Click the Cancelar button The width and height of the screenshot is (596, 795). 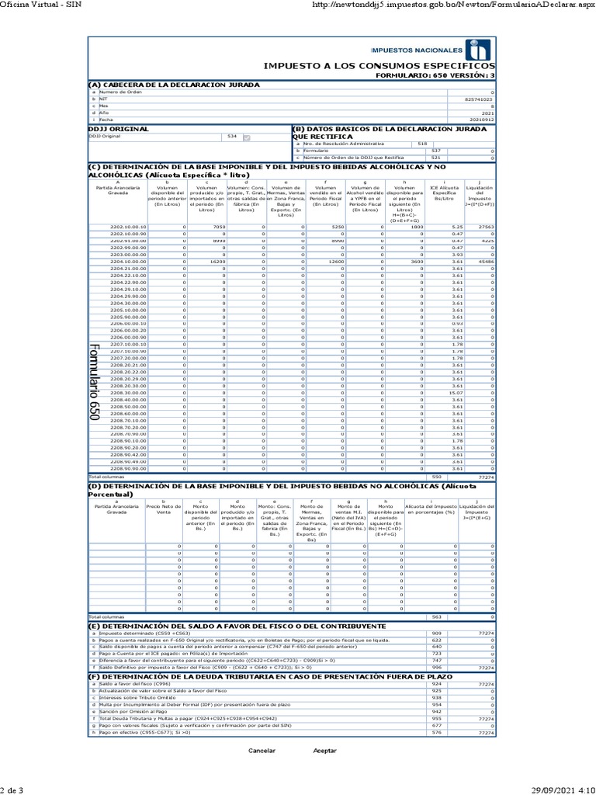[x=262, y=751]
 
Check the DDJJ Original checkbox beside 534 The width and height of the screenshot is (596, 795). [x=247, y=137]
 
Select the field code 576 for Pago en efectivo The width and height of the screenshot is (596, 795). [x=436, y=732]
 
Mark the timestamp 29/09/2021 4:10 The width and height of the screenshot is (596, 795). [x=561, y=789]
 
